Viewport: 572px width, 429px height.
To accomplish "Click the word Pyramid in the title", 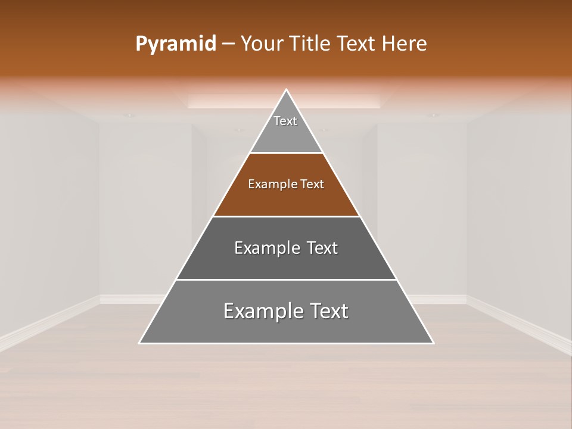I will point(176,44).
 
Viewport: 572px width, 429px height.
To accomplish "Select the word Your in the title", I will point(262,44).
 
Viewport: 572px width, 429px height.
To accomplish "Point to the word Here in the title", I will point(405,44).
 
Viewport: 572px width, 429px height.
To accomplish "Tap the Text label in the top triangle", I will point(285,121).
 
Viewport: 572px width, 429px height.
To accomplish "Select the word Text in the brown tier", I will point(312,185).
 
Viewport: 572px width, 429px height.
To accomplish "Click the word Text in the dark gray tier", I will point(322,248).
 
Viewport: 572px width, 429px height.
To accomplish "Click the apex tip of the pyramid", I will point(287,90).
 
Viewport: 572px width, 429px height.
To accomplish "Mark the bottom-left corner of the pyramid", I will point(140,343).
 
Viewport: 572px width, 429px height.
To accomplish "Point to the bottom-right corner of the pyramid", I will point(433,343).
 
